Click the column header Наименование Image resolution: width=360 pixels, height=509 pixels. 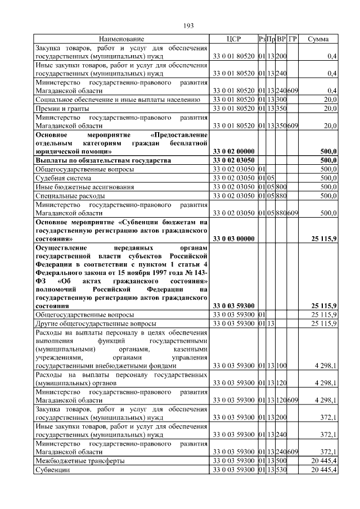click(x=121, y=39)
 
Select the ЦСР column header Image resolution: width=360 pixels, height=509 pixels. click(x=233, y=39)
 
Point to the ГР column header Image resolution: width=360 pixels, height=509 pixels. click(x=292, y=39)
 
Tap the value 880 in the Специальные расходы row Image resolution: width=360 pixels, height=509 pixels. click(x=281, y=195)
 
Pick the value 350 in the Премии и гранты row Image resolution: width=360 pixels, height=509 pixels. click(x=281, y=108)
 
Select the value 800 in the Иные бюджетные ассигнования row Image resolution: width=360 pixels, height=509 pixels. click(x=281, y=186)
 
